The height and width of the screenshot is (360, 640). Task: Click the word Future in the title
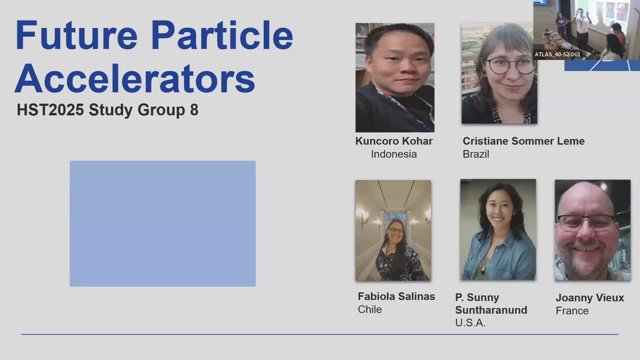pos(76,35)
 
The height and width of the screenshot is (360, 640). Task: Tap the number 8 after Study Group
pos(194,109)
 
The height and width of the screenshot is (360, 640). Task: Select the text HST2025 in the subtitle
pos(50,109)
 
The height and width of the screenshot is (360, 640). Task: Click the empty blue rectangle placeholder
pos(162,223)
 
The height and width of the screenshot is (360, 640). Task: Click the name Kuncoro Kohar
pos(394,141)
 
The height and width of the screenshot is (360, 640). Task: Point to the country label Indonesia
pos(394,154)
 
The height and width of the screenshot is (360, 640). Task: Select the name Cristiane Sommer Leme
pos(523,141)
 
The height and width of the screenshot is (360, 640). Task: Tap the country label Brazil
pos(476,154)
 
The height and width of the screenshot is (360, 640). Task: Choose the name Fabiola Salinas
pos(396,296)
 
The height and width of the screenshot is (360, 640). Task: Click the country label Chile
pos(369,309)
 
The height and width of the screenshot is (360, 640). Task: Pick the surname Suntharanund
pos(491,310)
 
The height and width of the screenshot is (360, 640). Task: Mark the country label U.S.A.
pos(470,323)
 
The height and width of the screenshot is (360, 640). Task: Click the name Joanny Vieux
pos(589,297)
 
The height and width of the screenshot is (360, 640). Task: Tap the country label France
pos(572,311)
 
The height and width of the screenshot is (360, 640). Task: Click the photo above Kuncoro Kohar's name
pos(395,77)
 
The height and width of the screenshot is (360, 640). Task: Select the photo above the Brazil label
pos(499,73)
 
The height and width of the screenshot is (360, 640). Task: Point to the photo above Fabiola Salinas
pos(393,230)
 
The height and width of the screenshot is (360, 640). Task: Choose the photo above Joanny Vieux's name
pos(592,230)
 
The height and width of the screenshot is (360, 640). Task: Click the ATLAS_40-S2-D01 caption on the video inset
pos(557,54)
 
